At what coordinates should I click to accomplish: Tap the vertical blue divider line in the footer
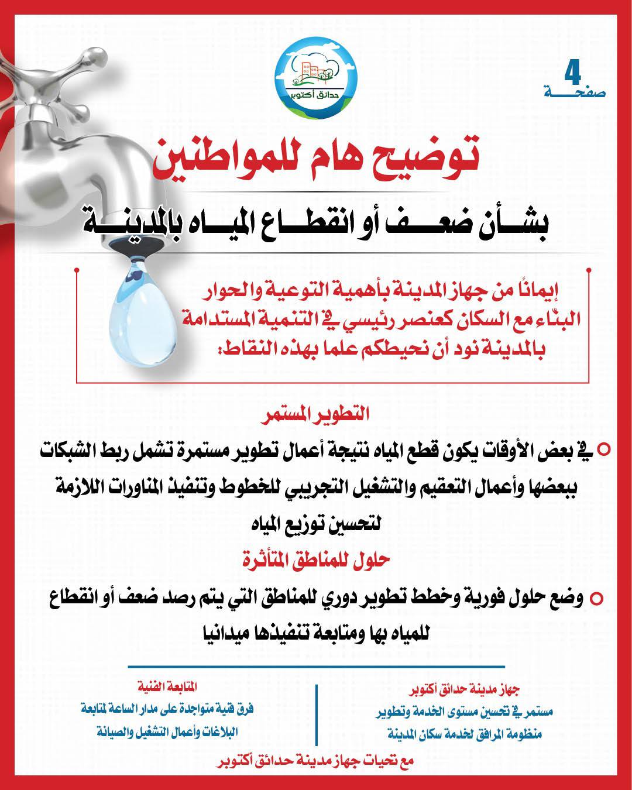click(x=317, y=713)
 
